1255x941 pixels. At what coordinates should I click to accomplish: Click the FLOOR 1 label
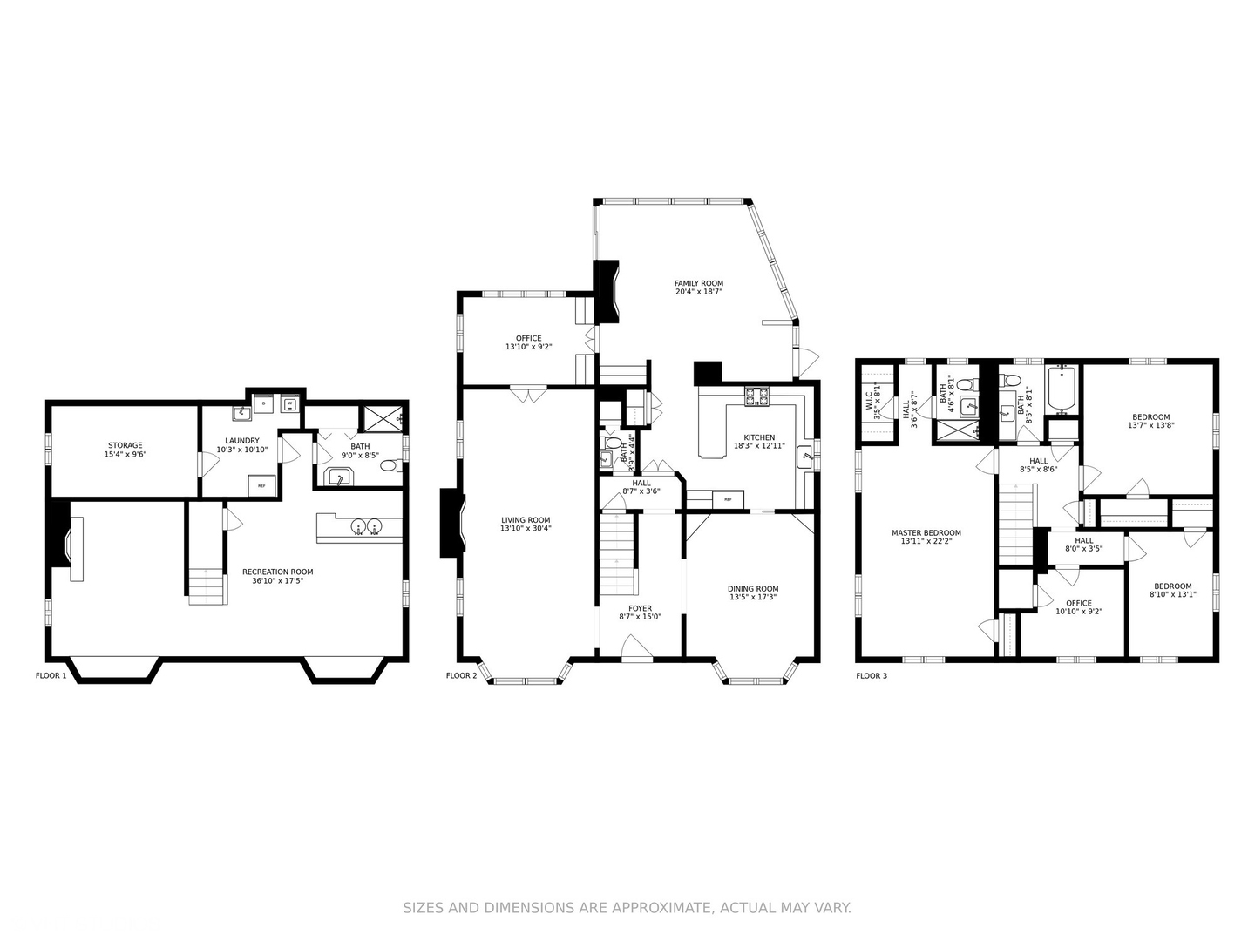click(x=51, y=675)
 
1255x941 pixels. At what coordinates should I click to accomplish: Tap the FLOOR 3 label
click(x=872, y=676)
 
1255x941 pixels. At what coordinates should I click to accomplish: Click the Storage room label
click(x=125, y=445)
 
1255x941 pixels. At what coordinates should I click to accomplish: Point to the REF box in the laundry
click(x=261, y=485)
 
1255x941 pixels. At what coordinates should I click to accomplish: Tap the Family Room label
click(x=699, y=283)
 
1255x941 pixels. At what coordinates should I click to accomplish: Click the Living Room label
click(x=526, y=520)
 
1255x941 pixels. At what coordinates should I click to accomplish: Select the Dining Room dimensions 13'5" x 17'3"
click(x=753, y=597)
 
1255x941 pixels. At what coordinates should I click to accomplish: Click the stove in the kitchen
click(x=758, y=396)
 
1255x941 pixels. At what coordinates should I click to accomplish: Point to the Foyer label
click(x=640, y=608)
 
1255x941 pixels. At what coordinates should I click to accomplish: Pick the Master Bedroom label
click(x=926, y=533)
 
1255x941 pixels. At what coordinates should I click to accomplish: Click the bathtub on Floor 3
click(x=1062, y=390)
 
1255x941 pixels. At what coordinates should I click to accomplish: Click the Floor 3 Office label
click(x=1078, y=603)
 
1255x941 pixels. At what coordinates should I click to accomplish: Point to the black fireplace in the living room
click(x=452, y=523)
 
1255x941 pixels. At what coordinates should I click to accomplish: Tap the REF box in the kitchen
click(x=728, y=499)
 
